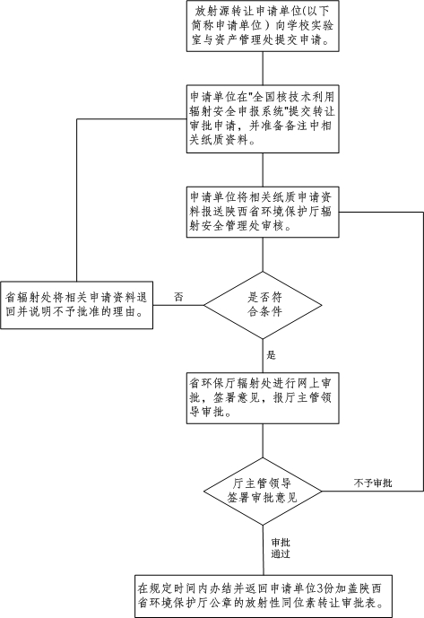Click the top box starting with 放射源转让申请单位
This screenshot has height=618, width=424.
(263, 26)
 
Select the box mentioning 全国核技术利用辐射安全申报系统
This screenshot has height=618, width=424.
(263, 118)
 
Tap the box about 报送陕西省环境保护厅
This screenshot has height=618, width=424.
(263, 212)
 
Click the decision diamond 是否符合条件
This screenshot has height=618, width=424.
(263, 305)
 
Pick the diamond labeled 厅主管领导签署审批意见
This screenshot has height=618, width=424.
(263, 492)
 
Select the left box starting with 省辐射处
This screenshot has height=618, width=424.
(76, 305)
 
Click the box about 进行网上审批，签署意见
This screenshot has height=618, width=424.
(263, 398)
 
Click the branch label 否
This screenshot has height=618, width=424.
(178, 297)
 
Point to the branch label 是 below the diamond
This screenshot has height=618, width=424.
(271, 355)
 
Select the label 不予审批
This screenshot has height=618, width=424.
(373, 483)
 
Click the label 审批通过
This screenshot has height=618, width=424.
(281, 548)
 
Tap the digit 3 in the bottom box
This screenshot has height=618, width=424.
(320, 588)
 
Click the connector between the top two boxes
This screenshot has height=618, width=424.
(263, 68)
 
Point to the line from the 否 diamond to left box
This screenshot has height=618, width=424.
(178, 305)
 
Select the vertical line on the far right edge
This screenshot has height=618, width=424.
(423, 352)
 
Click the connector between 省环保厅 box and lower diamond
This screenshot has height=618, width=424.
(263, 440)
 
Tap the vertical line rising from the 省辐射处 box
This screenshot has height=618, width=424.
(76, 200)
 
